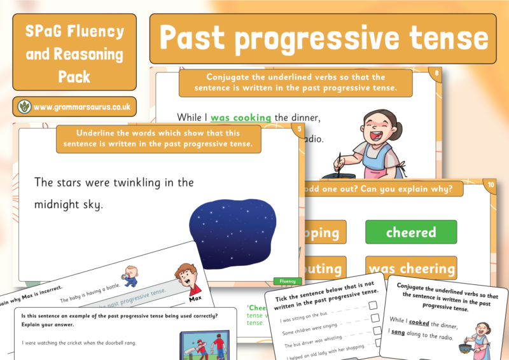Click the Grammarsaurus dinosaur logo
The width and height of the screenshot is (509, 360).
point(25,107)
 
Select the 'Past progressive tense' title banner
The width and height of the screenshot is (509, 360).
point(323,38)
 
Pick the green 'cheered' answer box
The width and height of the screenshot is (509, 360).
point(411,232)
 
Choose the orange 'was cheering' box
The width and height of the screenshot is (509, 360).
point(411,268)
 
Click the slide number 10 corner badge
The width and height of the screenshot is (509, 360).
point(491,186)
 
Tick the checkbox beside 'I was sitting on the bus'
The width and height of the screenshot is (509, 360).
point(373,305)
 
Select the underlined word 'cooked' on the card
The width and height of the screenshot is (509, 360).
point(419,322)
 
